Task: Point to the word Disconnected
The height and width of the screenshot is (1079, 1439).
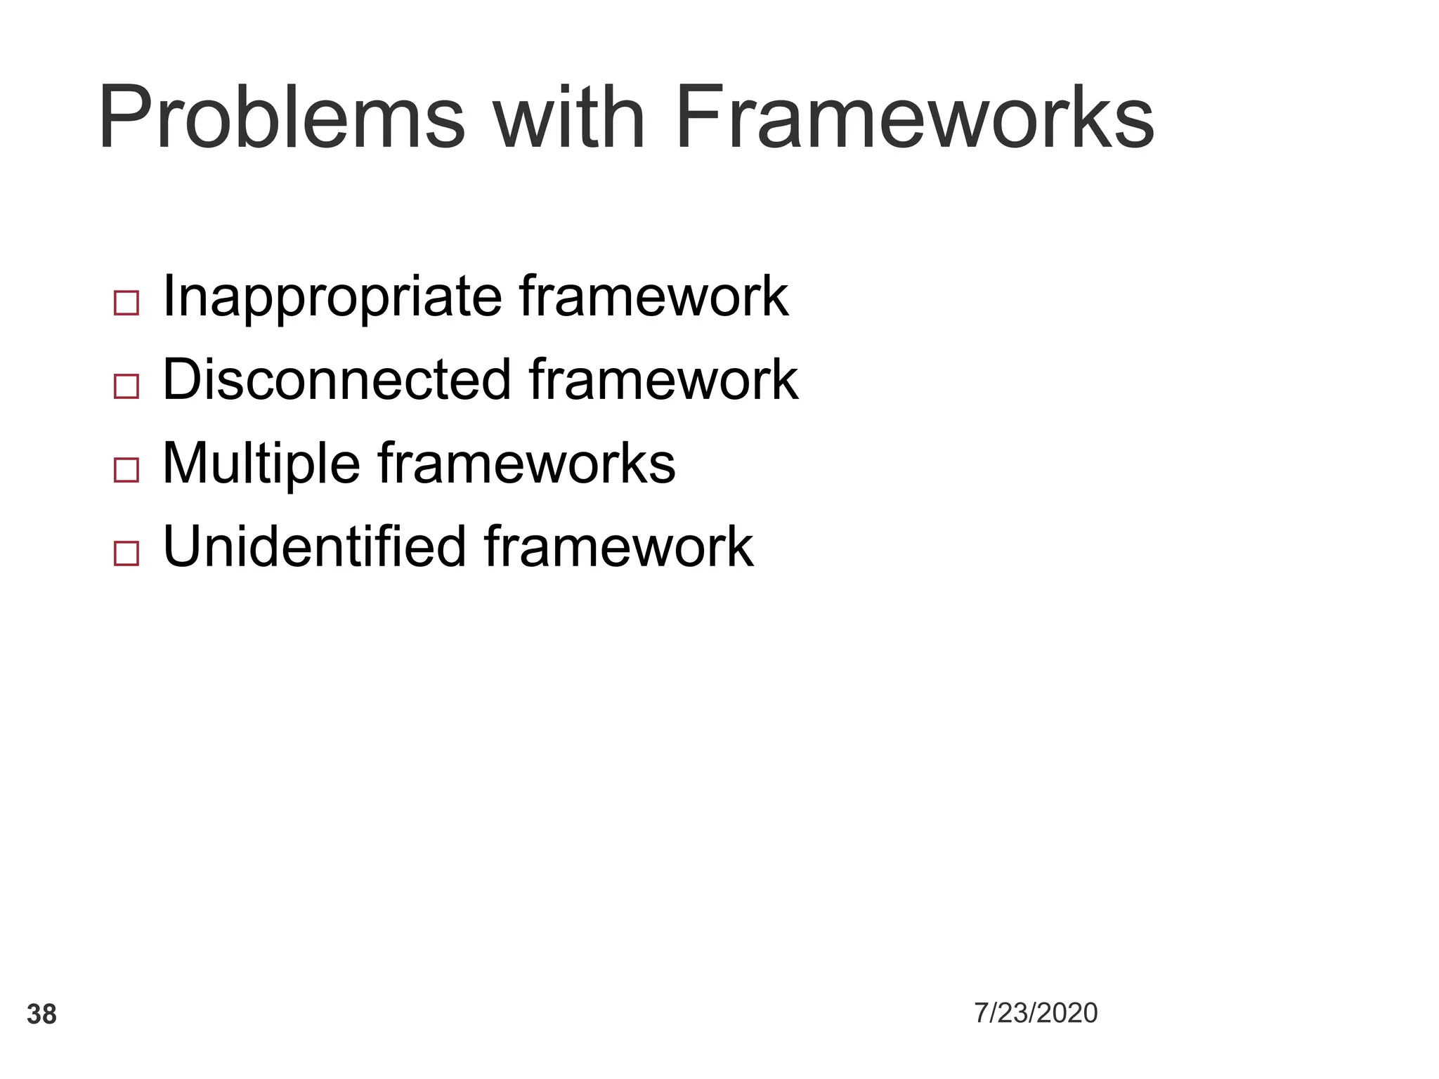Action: tap(337, 380)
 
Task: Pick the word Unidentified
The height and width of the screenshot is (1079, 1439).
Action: tap(314, 547)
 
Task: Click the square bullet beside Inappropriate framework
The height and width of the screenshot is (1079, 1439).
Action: tap(126, 303)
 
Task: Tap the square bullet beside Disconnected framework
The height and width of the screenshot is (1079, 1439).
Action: tap(126, 386)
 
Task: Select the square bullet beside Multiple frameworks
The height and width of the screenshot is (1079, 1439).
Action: tap(126, 470)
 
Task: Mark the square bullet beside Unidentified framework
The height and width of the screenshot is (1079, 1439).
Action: tap(126, 554)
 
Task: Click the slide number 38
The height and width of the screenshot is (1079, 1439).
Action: tap(41, 1015)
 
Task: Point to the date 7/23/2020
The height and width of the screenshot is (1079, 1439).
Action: tap(1036, 1013)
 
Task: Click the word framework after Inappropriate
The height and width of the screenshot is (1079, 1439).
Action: tap(653, 297)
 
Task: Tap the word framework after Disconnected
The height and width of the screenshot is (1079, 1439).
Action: tap(663, 380)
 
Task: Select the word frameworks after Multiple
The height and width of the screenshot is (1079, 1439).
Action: tap(526, 464)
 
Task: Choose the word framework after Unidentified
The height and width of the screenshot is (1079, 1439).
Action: tap(618, 547)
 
